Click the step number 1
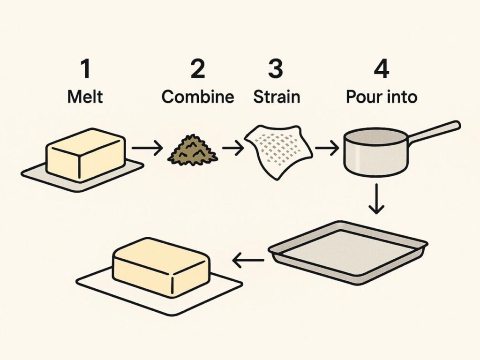coord(85,69)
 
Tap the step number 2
coord(197,69)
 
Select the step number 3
coord(276,69)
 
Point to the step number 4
coord(382,69)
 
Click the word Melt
coord(85,97)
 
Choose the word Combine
coord(197,97)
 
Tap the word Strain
coord(276,97)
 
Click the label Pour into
coord(382,97)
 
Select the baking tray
coord(348,251)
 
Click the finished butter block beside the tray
coord(161,267)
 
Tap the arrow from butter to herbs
coord(147,149)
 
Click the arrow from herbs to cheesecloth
coord(233,149)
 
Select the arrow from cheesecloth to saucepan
coord(326,149)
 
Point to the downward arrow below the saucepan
coord(376,199)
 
